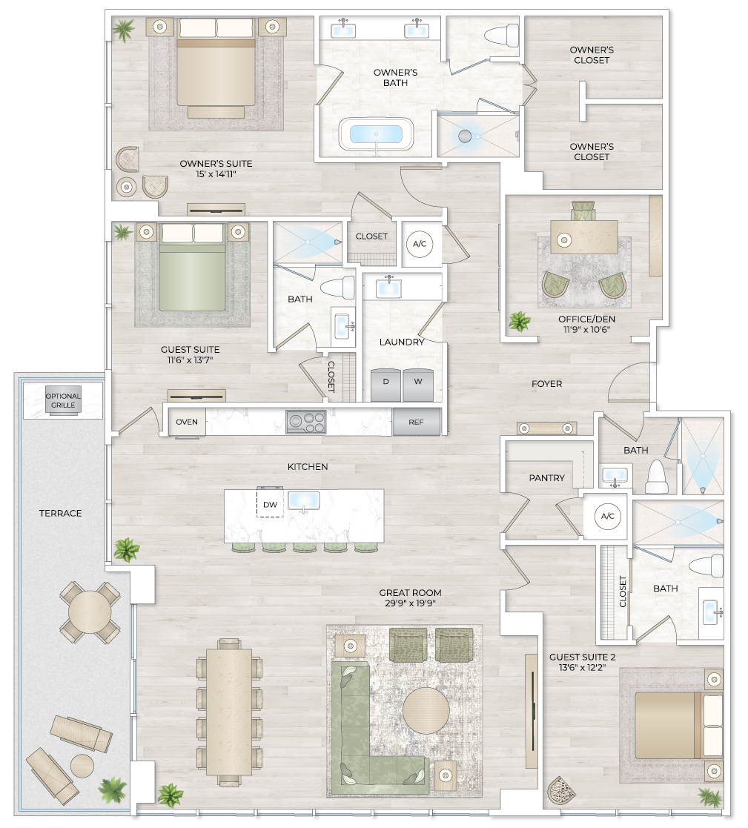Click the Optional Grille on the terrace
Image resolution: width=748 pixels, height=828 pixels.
point(63,401)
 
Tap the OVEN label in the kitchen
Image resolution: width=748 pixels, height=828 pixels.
point(187,422)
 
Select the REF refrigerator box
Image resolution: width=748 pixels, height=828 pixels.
point(417,422)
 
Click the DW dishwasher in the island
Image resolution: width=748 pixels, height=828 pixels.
point(271,504)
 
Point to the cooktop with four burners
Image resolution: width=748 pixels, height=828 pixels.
point(306,422)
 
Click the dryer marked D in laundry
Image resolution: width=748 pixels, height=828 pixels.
point(385,382)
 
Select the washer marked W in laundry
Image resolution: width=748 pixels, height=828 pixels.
point(417,382)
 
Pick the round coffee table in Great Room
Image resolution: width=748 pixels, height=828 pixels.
point(426,710)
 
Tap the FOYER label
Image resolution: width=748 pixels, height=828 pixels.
point(547,384)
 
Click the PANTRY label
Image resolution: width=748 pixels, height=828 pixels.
point(547,478)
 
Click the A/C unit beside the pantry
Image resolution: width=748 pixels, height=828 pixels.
point(607,516)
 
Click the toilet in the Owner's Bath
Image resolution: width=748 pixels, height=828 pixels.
point(503,35)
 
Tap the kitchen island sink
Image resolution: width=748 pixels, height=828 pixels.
point(304,500)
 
